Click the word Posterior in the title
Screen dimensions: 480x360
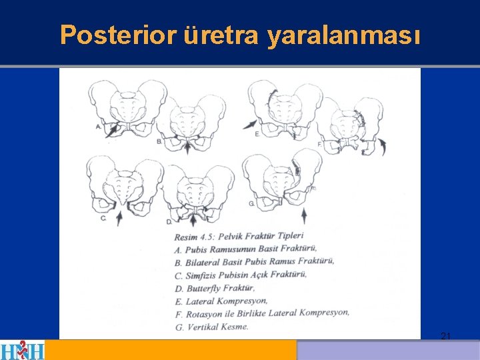pos(118,35)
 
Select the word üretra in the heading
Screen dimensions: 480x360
pos(221,35)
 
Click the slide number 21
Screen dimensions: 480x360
pos(446,337)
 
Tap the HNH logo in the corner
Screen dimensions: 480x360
pos(22,350)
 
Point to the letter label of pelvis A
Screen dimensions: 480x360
pos(99,127)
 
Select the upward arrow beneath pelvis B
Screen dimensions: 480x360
pos(187,147)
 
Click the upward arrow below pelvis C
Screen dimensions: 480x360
pos(119,219)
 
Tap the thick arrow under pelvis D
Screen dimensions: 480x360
pos(193,219)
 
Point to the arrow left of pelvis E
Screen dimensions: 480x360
pos(250,124)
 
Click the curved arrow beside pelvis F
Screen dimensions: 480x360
pos(383,147)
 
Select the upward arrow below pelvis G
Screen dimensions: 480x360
pos(304,216)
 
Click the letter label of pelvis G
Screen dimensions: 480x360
pos(251,203)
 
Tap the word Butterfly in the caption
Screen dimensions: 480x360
pos(203,289)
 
